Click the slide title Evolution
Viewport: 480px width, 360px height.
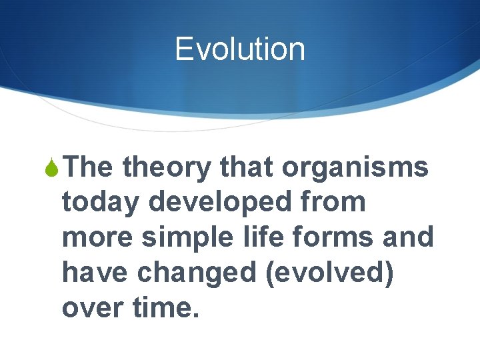(x=240, y=49)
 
